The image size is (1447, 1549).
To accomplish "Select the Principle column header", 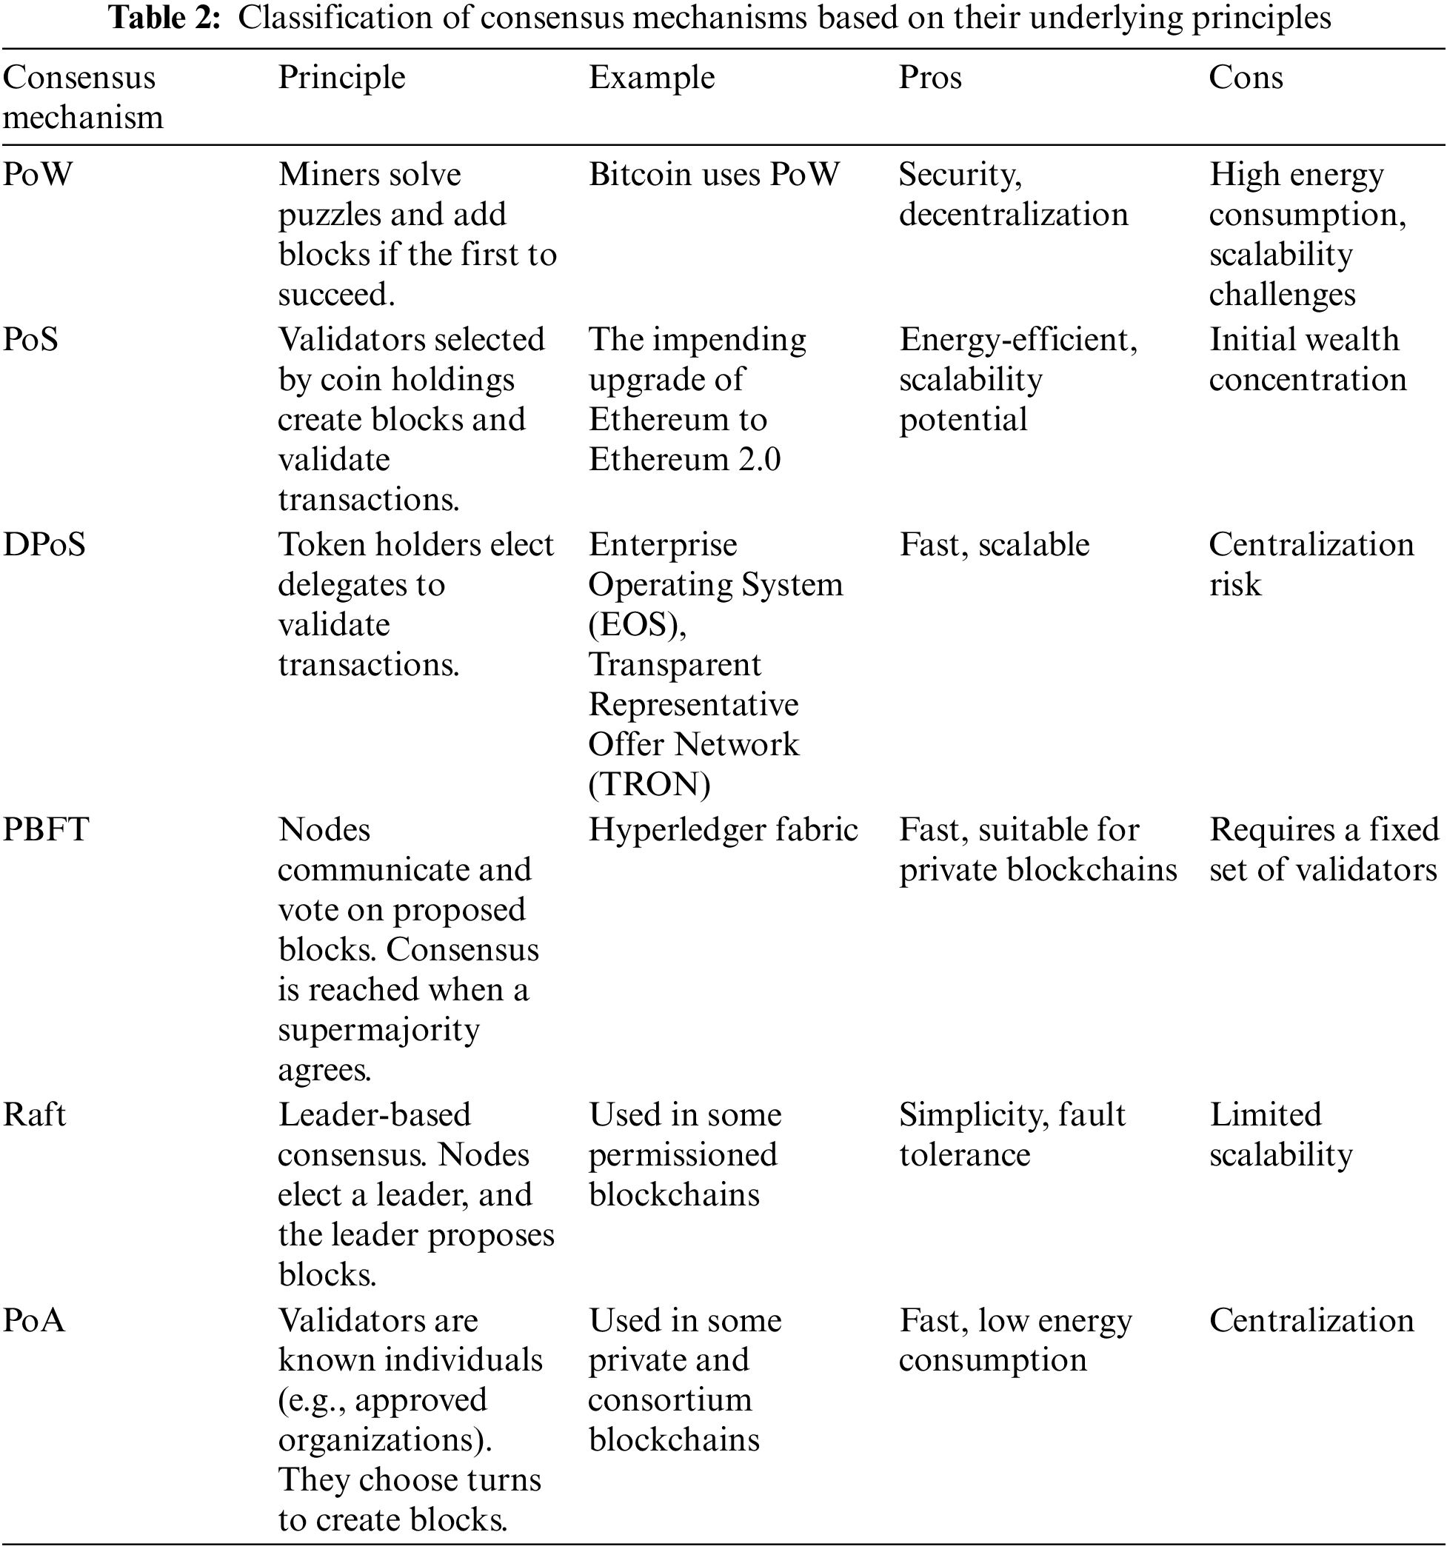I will click(341, 78).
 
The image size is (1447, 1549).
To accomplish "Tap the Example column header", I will click(652, 78).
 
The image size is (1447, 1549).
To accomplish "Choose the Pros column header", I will click(929, 78).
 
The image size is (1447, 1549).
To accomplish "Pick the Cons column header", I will click(1245, 78).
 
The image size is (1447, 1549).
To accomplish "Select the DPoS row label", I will click(44, 545).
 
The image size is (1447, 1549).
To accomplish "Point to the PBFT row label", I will click(47, 830).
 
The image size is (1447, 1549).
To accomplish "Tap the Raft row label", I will click(34, 1115).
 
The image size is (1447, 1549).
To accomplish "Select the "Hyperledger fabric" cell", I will click(722, 830).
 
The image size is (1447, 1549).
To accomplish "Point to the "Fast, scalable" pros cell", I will click(994, 545).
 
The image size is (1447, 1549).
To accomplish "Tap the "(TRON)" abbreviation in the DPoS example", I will click(649, 785).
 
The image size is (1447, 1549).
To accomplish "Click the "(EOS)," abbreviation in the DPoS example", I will click(637, 625).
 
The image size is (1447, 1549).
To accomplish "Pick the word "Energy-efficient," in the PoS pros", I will click(1017, 340).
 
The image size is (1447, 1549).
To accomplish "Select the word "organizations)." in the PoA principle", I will click(385, 1440).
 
